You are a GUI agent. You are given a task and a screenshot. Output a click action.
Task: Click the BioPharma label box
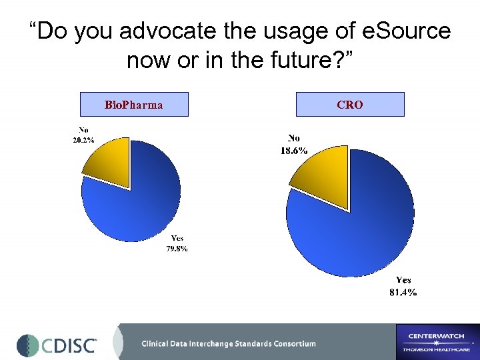coord(134,105)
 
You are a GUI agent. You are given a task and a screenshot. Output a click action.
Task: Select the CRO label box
coord(350,105)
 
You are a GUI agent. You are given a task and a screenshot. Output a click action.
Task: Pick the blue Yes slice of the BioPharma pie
coord(137,200)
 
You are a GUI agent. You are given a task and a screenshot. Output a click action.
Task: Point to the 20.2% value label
coord(83,141)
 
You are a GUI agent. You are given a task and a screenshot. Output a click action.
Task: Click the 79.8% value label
coord(177,249)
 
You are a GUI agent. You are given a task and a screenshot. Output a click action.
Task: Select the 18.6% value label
coord(293,151)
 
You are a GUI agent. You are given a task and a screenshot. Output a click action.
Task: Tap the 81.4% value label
coord(403,292)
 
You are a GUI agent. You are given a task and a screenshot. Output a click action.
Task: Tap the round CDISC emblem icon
coord(28,345)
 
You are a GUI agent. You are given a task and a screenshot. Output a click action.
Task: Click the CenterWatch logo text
coord(438,335)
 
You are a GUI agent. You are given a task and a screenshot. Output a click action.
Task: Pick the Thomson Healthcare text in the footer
coord(437,349)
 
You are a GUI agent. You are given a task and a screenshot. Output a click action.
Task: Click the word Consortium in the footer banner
coord(288,344)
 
